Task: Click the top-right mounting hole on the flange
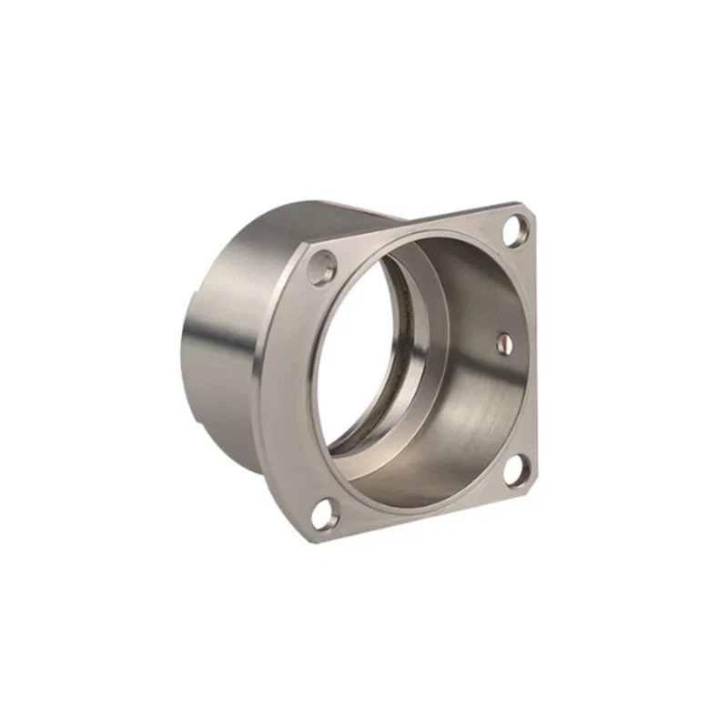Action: [x=514, y=231]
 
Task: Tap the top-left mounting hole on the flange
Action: [x=322, y=269]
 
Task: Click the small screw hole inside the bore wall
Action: [x=506, y=341]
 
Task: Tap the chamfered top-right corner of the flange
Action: [x=531, y=211]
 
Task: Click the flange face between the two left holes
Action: [x=289, y=391]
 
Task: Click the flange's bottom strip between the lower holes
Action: [x=419, y=515]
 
